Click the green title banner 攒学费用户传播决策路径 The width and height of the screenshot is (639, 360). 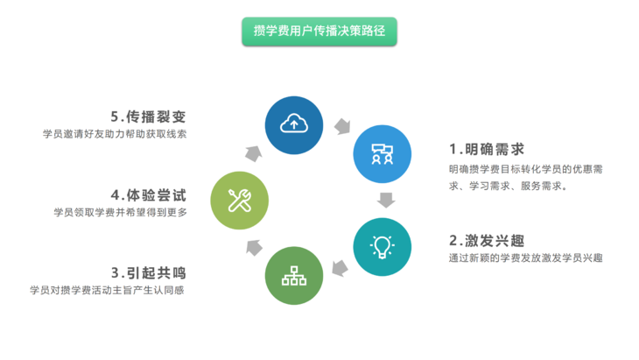pyautogui.click(x=319, y=32)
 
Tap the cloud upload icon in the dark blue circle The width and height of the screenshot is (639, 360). pyautogui.click(x=294, y=124)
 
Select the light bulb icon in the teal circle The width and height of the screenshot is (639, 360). pyautogui.click(x=382, y=247)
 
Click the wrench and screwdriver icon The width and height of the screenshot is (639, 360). pyautogui.click(x=240, y=201)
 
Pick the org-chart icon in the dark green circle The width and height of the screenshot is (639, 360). pyautogui.click(x=294, y=276)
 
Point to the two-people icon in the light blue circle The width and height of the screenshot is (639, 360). pyautogui.click(x=382, y=154)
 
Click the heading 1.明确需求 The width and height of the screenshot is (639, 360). pyautogui.click(x=487, y=150)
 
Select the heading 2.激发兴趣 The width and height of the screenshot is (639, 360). pyautogui.click(x=487, y=241)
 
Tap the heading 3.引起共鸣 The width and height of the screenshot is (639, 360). pyautogui.click(x=148, y=272)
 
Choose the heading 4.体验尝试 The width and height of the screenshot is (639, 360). pyautogui.click(x=148, y=195)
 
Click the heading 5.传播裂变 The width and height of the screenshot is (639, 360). pyautogui.click(x=148, y=117)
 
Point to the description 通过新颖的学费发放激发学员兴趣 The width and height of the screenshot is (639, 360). pyautogui.click(x=526, y=258)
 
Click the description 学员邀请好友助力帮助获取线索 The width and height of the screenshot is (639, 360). pyautogui.click(x=115, y=134)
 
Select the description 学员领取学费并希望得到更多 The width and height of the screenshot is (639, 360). pyautogui.click(x=120, y=213)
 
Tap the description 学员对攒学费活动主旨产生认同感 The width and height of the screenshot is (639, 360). pyautogui.click(x=107, y=290)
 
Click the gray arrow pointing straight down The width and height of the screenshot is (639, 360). pyautogui.click(x=386, y=201)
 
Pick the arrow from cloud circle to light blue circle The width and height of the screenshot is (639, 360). pyautogui.click(x=342, y=126)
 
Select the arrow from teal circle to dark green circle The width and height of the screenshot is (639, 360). pyautogui.click(x=340, y=268)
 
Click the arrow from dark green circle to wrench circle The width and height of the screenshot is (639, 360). pyautogui.click(x=255, y=248)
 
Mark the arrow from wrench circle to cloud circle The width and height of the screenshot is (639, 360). pyautogui.click(x=254, y=153)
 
